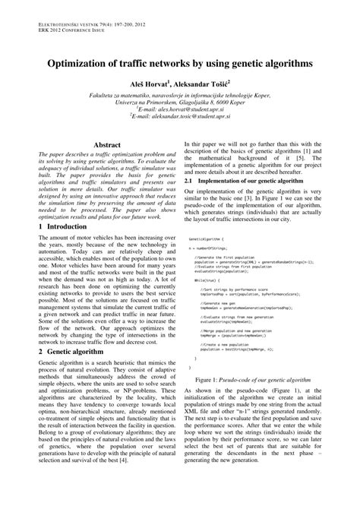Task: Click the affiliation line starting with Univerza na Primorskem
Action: (x=179, y=100)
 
